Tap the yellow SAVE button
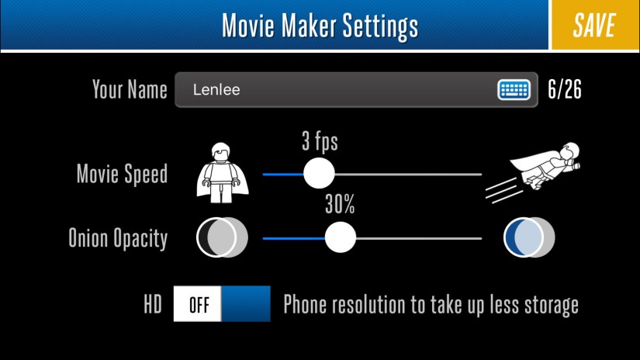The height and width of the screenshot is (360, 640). click(596, 25)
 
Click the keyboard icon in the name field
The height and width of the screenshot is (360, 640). click(514, 89)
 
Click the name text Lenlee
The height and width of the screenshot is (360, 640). click(216, 90)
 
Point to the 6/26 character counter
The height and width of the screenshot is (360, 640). click(565, 89)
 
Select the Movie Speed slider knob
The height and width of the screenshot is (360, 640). click(319, 174)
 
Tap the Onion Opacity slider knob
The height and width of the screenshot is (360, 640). click(341, 237)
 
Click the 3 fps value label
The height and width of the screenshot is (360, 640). click(320, 141)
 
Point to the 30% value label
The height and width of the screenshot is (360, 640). click(340, 205)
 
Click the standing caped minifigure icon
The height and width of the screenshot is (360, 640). click(223, 173)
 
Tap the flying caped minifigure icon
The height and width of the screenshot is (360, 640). click(533, 171)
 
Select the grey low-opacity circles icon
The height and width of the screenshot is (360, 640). click(222, 237)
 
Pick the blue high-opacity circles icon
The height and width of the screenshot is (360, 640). click(529, 237)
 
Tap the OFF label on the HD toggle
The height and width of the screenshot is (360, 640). click(199, 305)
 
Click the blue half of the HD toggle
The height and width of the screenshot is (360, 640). click(246, 303)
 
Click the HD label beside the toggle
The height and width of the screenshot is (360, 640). click(153, 304)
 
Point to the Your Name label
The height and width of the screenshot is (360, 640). click(130, 89)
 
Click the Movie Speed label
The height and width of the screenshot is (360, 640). click(122, 175)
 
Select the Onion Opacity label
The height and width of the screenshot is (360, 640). click(118, 238)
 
